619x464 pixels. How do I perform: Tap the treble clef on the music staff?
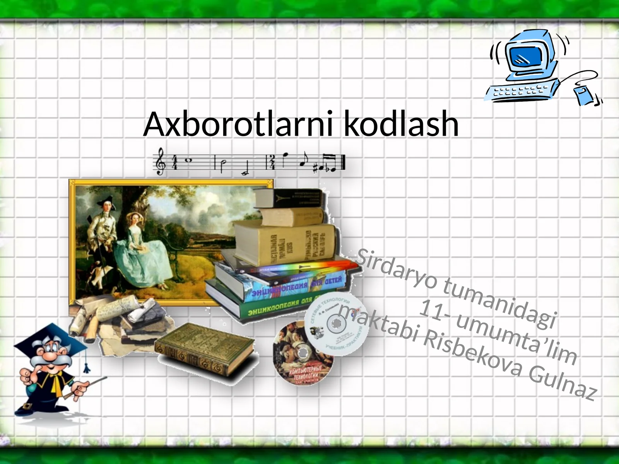point(160,162)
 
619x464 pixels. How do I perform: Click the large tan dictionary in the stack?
point(286,244)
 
